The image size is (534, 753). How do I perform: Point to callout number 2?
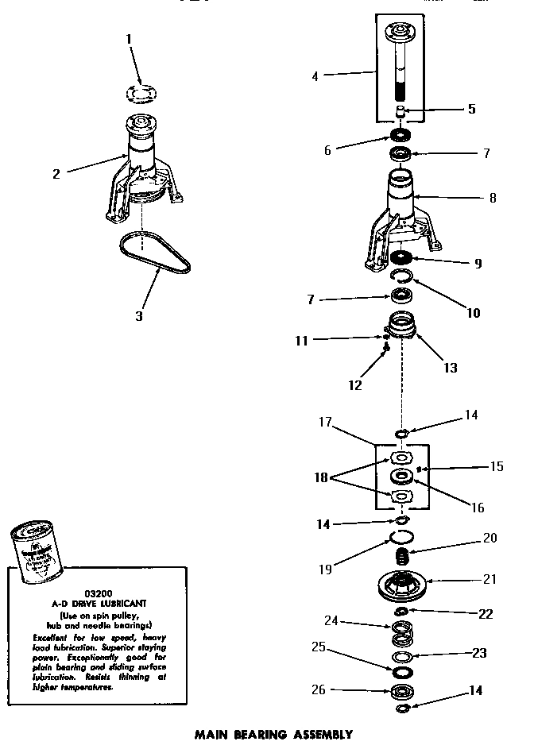(56, 174)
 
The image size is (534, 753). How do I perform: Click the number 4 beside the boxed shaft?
(315, 77)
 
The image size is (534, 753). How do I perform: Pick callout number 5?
(471, 109)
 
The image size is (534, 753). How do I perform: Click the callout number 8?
(493, 198)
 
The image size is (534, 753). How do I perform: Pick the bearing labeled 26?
(404, 690)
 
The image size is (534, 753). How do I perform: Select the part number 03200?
(87, 593)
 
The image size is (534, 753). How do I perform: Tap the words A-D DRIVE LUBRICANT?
(88, 604)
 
